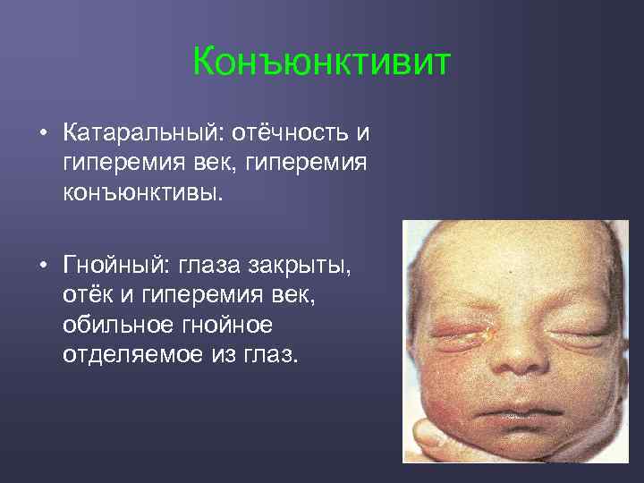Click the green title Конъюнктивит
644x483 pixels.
(322, 64)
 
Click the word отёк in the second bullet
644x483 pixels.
(86, 295)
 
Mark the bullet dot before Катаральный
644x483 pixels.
(42, 135)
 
